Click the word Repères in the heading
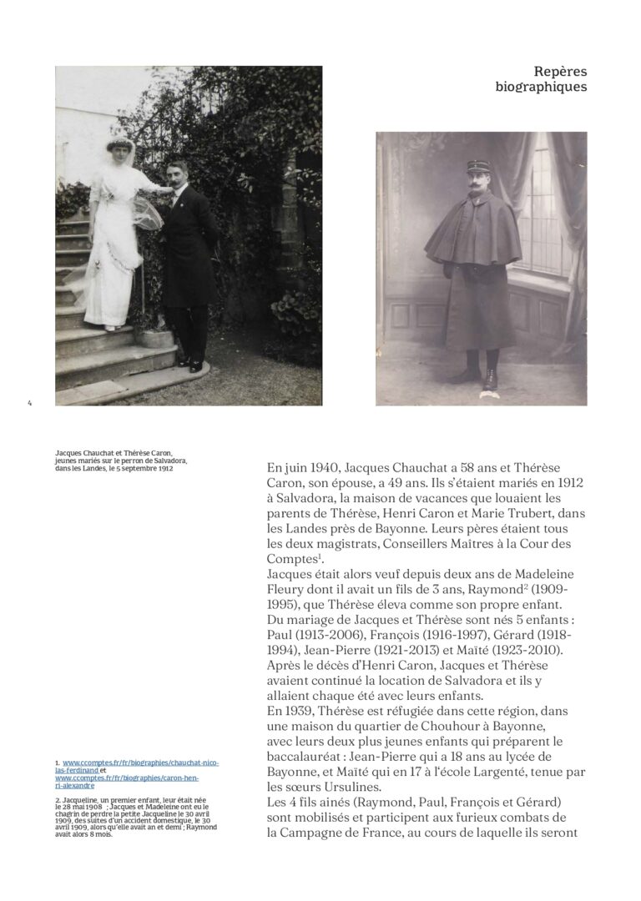pyautogui.click(x=560, y=72)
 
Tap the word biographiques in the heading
pyautogui.click(x=540, y=87)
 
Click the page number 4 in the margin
pyautogui.click(x=29, y=404)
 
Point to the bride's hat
pyautogui.click(x=121, y=144)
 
